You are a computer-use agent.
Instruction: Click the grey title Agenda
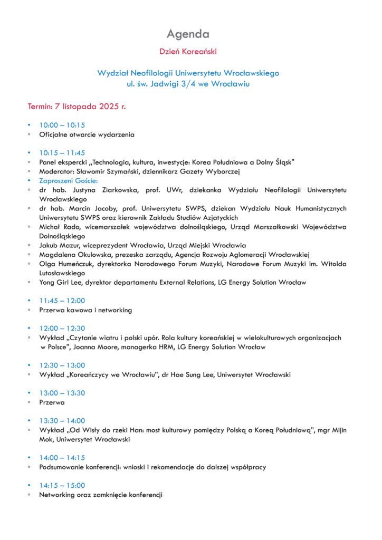point(188,34)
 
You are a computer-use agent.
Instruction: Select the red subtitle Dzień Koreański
point(188,52)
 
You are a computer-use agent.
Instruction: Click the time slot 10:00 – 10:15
point(62,126)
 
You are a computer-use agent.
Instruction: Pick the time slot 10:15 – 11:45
point(62,153)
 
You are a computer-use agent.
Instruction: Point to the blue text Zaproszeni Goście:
point(69,180)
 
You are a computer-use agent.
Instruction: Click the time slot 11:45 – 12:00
point(62,301)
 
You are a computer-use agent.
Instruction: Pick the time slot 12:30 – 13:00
point(62,365)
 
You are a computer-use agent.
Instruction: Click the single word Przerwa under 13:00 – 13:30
point(52,402)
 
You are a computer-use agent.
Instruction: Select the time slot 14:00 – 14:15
point(62,458)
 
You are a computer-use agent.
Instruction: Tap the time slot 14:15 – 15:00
point(62,485)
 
